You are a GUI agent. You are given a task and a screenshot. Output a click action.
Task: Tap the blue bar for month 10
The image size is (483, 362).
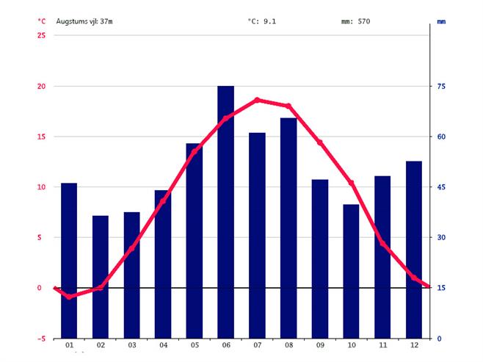coord(351,271)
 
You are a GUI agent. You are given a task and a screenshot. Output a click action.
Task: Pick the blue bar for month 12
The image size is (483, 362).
coord(414,249)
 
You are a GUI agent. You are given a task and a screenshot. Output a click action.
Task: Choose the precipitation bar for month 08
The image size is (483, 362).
coord(288,228)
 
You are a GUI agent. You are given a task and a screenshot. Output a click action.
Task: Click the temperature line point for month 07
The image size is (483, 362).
coord(257,100)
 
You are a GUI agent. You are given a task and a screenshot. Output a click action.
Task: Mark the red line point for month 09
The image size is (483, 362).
coord(320,142)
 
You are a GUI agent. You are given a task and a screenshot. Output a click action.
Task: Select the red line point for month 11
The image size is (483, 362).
coord(382,243)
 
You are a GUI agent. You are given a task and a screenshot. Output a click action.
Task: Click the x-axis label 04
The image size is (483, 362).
coord(163,345)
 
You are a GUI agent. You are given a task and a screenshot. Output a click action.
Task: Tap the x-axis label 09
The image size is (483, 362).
coord(320,345)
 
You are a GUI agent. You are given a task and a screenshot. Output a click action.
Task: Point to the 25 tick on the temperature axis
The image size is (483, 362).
coord(41,36)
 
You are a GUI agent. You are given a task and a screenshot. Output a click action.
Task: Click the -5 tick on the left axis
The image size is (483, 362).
coord(41,339)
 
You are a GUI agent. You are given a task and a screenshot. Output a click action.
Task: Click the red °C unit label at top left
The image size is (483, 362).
coord(41,21)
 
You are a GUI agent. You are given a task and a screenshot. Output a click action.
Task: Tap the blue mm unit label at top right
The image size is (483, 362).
coord(441,21)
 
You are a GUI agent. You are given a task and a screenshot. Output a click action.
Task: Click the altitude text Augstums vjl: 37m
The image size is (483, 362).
coord(84,21)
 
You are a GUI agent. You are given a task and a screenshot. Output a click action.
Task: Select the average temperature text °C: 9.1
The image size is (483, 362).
coord(262,21)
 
